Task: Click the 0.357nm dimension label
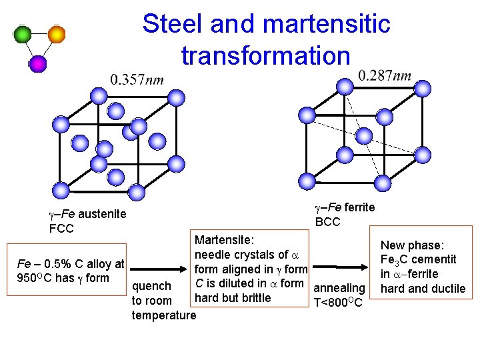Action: pyautogui.click(x=137, y=80)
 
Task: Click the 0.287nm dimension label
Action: pyautogui.click(x=385, y=75)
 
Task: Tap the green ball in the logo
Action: pyautogui.click(x=23, y=35)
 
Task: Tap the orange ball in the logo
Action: pyautogui.click(x=57, y=34)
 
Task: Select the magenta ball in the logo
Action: pyautogui.click(x=38, y=63)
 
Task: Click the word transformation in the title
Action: pyautogui.click(x=265, y=55)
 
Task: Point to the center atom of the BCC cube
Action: pyautogui.click(x=363, y=136)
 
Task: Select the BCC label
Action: pyautogui.click(x=327, y=221)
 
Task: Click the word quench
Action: pyautogui.click(x=151, y=287)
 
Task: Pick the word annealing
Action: pyautogui.click(x=339, y=288)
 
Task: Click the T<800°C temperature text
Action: pyautogui.click(x=338, y=303)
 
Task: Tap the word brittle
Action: pyautogui.click(x=255, y=298)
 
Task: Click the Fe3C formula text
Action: pyautogui.click(x=399, y=259)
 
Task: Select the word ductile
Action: pyautogui.click(x=449, y=289)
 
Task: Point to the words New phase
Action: pyautogui.click(x=412, y=245)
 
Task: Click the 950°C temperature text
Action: pyautogui.click(x=35, y=278)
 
